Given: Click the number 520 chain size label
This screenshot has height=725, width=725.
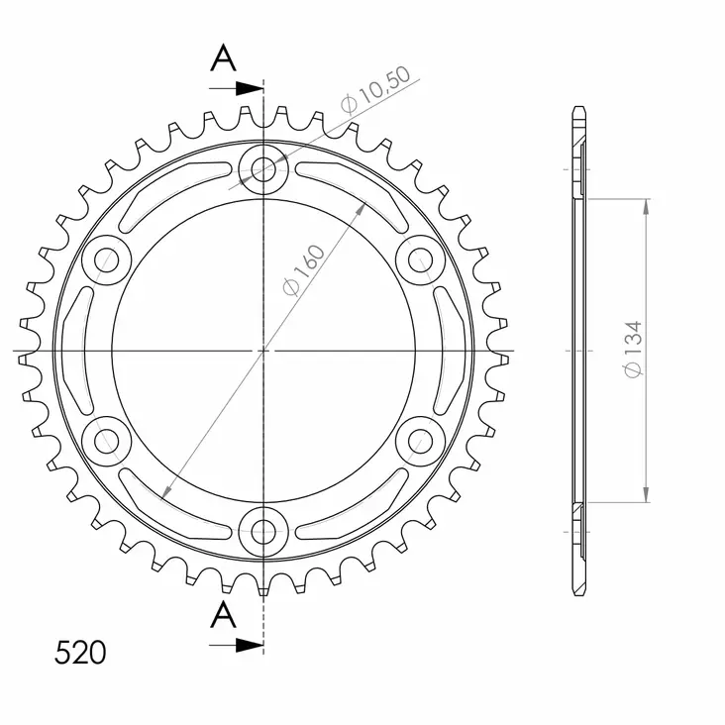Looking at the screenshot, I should coord(79,653).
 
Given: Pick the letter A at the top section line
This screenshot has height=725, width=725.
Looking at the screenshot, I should coord(224,59).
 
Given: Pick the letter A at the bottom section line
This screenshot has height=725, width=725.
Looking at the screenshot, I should coord(224,615).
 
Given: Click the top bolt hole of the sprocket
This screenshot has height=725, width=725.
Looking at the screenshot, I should coord(263,166).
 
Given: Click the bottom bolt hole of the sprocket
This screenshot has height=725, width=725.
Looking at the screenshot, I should coord(263,531).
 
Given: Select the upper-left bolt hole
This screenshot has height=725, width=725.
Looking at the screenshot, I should coord(105,259).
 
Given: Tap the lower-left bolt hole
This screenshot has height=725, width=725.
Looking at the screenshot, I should coord(105,440).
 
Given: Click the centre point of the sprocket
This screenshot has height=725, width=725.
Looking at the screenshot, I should coord(263,350).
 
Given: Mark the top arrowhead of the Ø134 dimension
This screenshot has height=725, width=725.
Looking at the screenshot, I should coord(646,206).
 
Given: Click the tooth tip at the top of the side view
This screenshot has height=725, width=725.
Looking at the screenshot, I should coord(580,109).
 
